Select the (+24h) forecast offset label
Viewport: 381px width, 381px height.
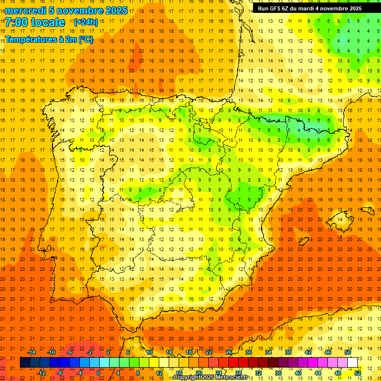[x=86, y=22]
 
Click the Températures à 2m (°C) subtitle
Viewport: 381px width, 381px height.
[x=49, y=39]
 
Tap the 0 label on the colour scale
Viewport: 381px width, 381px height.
[x=98, y=373]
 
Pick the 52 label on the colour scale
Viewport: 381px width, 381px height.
[x=358, y=373]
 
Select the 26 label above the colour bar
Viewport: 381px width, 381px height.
[x=229, y=352]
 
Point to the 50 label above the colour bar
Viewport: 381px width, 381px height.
[x=347, y=352]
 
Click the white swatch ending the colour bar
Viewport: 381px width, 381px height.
[x=352, y=363]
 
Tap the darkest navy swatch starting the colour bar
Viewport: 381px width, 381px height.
[x=25, y=363]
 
